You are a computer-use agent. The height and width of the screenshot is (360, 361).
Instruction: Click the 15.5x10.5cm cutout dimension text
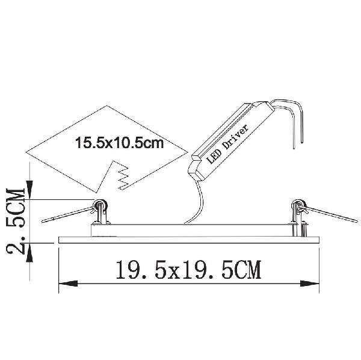point(120,143)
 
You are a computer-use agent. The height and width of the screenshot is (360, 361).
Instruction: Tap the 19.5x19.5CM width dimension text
point(188,270)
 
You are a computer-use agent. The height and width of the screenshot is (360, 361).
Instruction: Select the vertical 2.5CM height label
point(16,221)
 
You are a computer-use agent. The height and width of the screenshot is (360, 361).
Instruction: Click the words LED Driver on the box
point(227,144)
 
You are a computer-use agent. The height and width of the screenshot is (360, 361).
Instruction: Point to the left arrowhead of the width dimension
point(68,284)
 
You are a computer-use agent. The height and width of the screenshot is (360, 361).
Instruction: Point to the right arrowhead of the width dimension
point(310,284)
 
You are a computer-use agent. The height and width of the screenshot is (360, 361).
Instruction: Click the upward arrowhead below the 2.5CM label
point(29,253)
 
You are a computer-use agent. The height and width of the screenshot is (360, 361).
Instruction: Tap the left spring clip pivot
point(100,204)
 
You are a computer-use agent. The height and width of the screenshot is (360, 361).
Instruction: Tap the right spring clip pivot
point(298,204)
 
